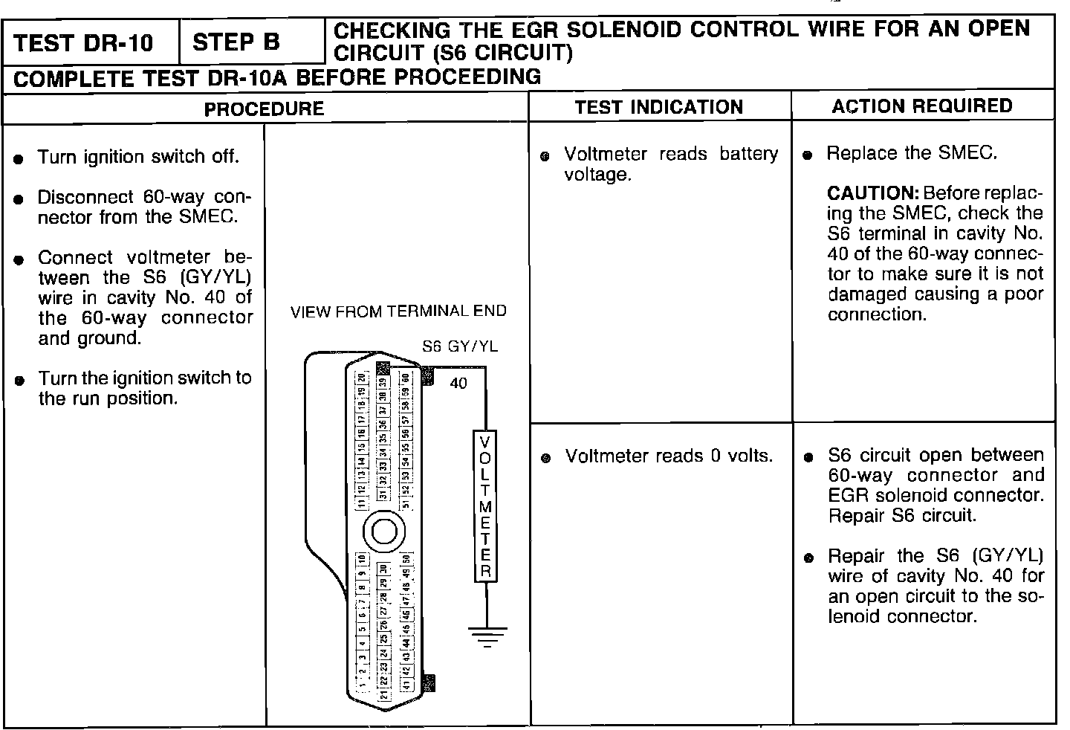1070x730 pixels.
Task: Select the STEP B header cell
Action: [236, 42]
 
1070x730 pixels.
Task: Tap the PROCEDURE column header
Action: [264, 109]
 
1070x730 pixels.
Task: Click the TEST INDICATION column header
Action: [658, 107]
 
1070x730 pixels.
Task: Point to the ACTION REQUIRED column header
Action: [921, 106]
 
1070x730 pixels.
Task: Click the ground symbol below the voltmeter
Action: [487, 636]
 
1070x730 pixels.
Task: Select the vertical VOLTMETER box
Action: [485, 505]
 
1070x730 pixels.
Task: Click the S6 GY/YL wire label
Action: [460, 346]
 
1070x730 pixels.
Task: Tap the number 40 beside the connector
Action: [458, 384]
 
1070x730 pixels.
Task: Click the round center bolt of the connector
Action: [384, 532]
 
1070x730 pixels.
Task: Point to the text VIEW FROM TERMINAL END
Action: [398, 311]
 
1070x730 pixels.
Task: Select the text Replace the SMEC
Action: [911, 153]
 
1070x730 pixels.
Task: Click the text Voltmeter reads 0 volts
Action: [669, 456]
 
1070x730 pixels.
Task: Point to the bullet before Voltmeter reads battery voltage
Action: [545, 156]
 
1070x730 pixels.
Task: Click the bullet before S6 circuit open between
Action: [809, 457]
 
